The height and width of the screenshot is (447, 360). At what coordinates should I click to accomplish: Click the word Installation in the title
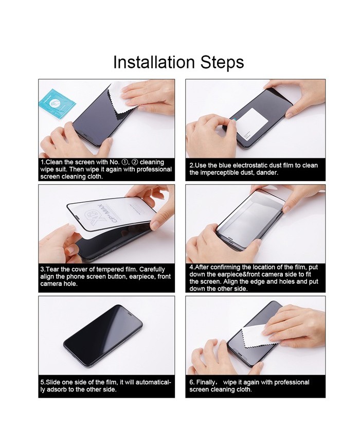(154, 62)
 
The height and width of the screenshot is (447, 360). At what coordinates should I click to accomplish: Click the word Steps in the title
(222, 62)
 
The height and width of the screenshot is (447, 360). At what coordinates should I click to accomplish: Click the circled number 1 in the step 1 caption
(124, 162)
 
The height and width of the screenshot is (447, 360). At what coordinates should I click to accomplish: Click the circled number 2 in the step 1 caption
(135, 162)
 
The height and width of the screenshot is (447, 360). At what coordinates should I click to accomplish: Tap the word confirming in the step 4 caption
(225, 267)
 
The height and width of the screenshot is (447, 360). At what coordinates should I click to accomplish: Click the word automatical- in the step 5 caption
(153, 382)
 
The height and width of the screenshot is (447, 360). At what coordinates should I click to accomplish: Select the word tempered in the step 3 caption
(110, 270)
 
